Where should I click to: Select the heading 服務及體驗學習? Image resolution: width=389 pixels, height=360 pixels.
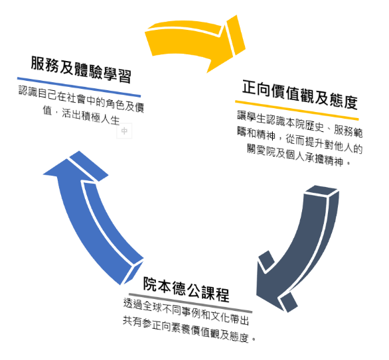[x=81, y=69]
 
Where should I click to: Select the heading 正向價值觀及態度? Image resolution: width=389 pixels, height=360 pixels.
[x=300, y=94]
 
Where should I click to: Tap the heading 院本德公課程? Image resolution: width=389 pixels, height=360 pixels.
[x=186, y=289]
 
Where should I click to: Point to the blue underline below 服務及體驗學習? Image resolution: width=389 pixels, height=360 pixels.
[x=79, y=87]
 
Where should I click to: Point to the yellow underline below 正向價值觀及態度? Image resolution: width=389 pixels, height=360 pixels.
[x=297, y=110]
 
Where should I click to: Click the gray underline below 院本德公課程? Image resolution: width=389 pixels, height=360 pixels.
[x=191, y=303]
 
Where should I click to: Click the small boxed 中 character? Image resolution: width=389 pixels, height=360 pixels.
[x=124, y=131]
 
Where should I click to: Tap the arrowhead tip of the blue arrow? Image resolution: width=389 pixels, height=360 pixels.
[x=43, y=174]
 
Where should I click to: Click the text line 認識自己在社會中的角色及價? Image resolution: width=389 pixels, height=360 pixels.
[x=82, y=99]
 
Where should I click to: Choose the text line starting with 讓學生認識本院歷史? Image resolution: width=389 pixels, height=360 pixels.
[x=300, y=124]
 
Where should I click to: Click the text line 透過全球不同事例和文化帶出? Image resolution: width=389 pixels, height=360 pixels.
[x=186, y=311]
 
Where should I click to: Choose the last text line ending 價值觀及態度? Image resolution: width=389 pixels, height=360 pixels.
[x=189, y=330]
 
